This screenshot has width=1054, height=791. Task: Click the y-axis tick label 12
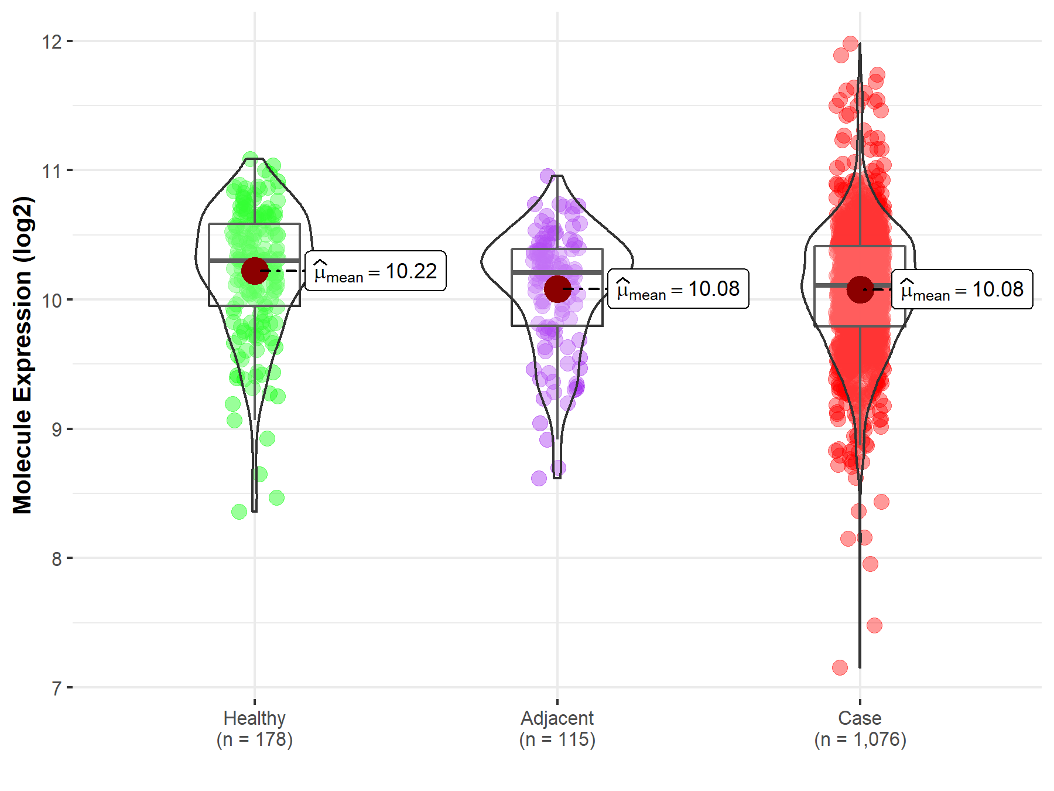52,42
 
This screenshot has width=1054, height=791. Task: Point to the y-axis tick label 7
56,688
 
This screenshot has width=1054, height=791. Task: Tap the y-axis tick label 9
56,429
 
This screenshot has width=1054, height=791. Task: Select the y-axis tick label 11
52,171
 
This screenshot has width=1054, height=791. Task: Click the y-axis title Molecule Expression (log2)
22,355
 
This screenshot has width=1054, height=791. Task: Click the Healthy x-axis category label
255,718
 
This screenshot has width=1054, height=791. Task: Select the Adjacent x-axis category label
557,718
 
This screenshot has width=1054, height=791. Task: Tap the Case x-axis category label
860,718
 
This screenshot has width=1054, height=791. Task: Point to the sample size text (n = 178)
255,739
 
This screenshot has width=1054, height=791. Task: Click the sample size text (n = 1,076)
860,739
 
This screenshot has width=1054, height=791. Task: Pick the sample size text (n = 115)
557,739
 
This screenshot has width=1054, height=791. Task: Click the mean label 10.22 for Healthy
375,271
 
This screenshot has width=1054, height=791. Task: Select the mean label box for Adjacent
678,289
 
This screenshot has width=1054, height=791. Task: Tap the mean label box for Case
962,289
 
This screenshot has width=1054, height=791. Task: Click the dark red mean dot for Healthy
255,271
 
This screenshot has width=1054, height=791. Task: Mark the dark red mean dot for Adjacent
557,289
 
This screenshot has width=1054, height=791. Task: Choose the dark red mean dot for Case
860,289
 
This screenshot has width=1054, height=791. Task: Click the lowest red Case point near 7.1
840,667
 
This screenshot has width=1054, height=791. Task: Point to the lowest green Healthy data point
239,512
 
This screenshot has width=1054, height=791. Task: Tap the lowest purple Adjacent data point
539,478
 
